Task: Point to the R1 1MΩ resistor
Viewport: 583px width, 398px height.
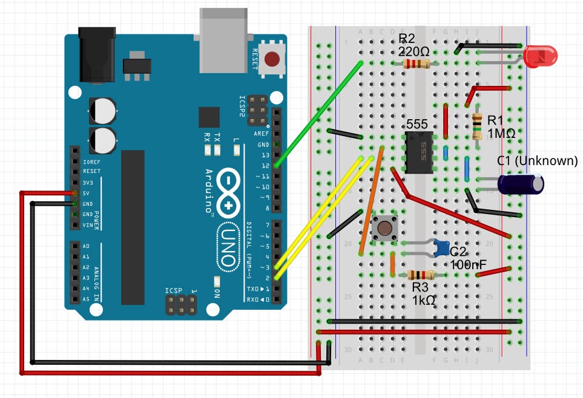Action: click(x=478, y=126)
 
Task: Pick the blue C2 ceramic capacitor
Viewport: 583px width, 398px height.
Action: click(x=441, y=247)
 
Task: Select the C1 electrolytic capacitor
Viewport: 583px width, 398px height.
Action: click(x=521, y=184)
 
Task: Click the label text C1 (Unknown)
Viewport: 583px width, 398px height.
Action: click(x=537, y=161)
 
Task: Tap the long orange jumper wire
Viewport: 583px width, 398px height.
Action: click(x=371, y=200)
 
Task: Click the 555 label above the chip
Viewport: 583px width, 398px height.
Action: click(x=417, y=123)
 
